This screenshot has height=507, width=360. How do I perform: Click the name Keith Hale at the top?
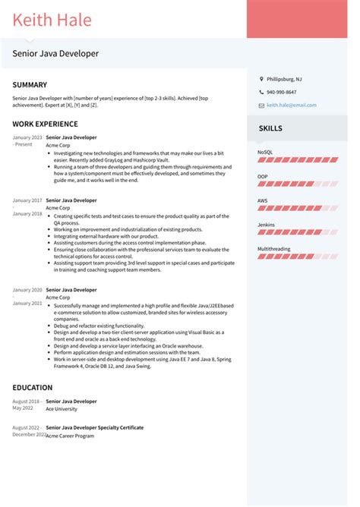pos(52,20)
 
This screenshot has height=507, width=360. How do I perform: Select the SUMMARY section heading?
pos(30,85)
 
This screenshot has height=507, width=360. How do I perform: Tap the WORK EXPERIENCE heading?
pos(45,124)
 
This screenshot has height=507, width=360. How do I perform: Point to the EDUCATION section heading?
pos(33,388)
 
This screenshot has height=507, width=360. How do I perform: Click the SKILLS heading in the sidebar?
pos(271,128)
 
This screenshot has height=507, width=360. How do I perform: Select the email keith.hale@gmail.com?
pos(292,105)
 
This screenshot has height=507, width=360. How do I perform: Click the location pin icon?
pos(261,79)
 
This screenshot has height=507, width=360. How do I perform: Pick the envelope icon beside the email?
pos(261,105)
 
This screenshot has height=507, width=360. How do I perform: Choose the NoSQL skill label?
pos(265,153)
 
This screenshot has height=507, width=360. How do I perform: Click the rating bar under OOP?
pos(298,184)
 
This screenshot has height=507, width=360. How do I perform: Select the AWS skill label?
pos(263,200)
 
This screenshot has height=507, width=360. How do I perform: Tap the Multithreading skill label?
pos(274,249)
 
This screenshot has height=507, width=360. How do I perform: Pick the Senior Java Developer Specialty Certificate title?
pos(95,427)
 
